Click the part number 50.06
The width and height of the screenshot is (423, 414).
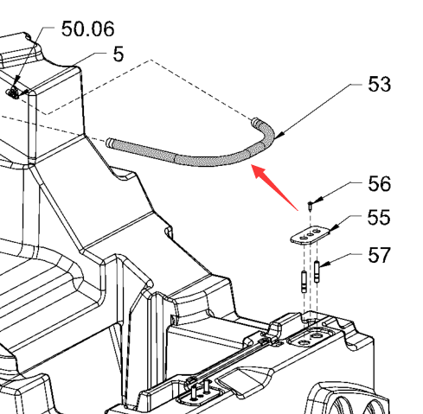[x=88, y=29]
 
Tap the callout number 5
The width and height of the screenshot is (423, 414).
[x=119, y=54]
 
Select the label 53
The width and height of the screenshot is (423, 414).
[x=379, y=85]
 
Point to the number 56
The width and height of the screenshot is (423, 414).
[x=379, y=184]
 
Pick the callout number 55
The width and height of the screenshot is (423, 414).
[x=379, y=217]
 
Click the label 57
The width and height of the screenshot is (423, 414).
[x=379, y=255]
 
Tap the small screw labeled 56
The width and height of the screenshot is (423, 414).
[x=310, y=206]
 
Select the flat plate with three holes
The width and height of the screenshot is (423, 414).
[x=310, y=235]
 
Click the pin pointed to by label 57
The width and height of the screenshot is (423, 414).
[x=317, y=271]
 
